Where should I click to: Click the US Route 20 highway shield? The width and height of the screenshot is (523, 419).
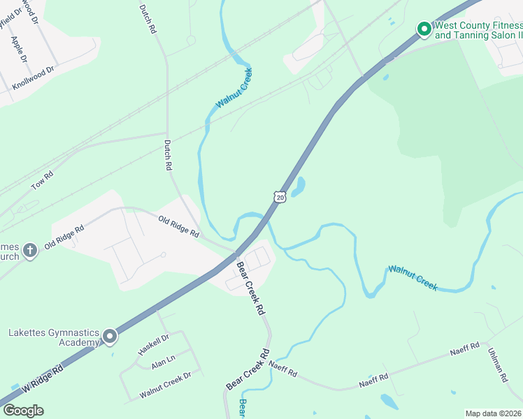coord(280,198)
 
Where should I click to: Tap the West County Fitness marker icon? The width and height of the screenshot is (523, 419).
coord(423,29)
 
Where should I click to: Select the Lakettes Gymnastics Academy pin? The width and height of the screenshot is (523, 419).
coord(110,337)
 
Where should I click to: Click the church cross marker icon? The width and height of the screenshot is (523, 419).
coord(29,250)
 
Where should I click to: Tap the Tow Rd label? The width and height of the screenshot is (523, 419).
coord(42,182)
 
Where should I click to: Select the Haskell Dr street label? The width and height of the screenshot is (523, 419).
coord(154,344)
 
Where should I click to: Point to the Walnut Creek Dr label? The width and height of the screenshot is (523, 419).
coord(165,385)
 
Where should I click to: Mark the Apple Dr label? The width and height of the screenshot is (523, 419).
coord(19,48)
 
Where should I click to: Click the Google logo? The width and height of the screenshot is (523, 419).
coord(23,411)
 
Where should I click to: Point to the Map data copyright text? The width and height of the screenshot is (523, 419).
coord(493,413)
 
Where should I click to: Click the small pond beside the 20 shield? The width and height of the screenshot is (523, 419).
coord(298,187)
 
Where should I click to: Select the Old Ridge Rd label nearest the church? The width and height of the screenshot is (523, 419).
coord(64,237)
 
